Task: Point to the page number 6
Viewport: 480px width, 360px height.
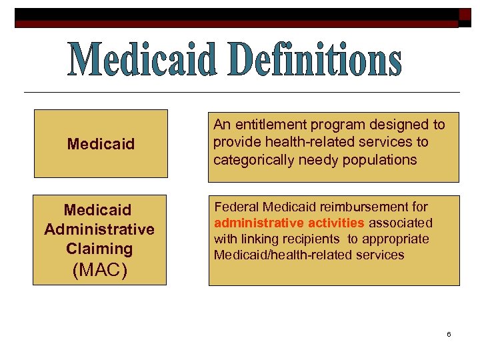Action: [449, 333]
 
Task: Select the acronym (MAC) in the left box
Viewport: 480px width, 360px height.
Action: [99, 271]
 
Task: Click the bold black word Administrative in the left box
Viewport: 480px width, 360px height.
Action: [99, 229]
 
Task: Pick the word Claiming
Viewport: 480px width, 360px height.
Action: [99, 249]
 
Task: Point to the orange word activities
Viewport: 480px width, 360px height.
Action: [337, 223]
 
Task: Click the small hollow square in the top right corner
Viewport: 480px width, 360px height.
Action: [464, 15]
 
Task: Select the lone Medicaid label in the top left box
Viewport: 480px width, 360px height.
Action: [101, 144]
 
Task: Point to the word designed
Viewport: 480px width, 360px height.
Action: [401, 125]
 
